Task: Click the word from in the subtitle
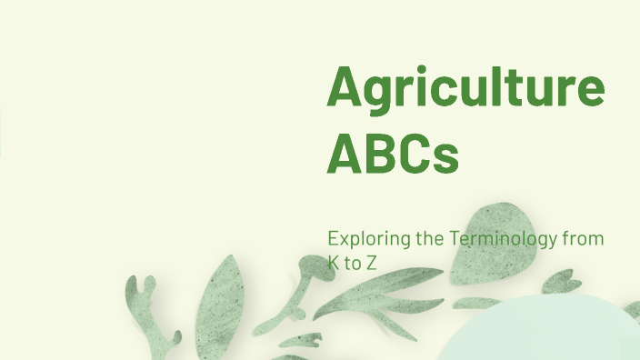tap(584, 239)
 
